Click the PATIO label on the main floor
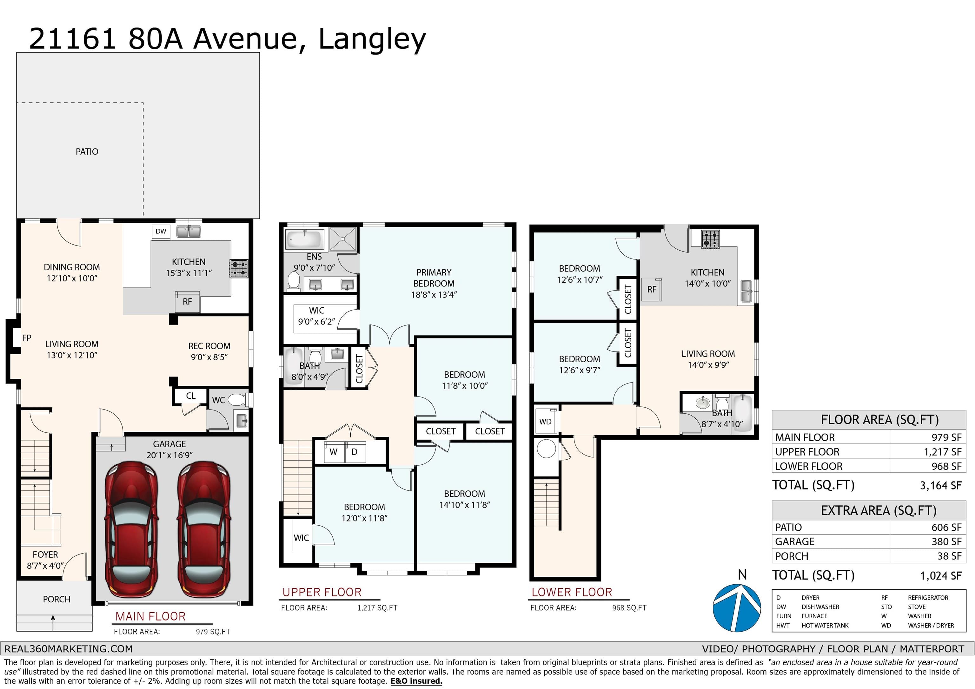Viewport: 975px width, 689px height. point(87,152)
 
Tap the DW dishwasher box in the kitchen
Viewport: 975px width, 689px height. point(161,231)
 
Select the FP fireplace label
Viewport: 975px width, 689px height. point(27,338)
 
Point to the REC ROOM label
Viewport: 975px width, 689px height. point(209,346)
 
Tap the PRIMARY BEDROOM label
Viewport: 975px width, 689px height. point(434,278)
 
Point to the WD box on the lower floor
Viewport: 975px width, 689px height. point(546,422)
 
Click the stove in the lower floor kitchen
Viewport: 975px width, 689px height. point(710,239)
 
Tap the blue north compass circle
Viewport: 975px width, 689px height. point(737,608)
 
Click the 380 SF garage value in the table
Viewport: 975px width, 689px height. point(946,542)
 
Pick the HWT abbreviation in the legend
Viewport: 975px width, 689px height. point(783,625)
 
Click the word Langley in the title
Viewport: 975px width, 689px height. point(372,39)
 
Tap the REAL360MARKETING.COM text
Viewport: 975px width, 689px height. point(68,649)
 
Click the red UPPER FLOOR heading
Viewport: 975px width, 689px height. point(322,592)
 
